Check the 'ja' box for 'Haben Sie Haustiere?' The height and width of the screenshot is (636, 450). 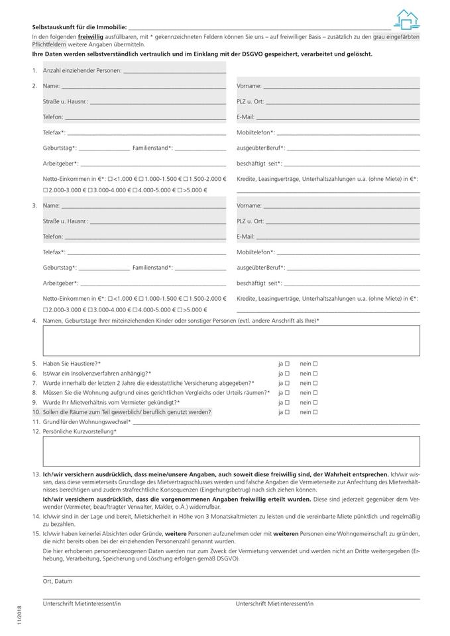(288, 364)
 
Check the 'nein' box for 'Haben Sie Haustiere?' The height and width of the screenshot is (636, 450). (315, 364)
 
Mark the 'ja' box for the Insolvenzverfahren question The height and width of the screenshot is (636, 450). (288, 374)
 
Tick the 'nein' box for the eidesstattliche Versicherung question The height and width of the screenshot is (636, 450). (315, 383)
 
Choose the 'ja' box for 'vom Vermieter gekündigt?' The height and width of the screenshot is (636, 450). (288, 402)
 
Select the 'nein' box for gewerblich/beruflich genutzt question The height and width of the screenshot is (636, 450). (315, 412)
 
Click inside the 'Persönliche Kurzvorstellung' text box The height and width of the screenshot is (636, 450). (231, 452)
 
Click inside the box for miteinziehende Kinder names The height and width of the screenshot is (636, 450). (231, 341)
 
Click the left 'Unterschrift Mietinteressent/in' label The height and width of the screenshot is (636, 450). (82, 604)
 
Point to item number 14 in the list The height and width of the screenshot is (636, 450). (35, 515)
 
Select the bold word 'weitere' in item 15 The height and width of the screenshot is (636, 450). (175, 533)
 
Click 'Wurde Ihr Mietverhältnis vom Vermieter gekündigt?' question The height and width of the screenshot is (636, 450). (111, 402)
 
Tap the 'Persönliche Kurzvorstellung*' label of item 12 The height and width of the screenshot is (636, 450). (80, 431)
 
